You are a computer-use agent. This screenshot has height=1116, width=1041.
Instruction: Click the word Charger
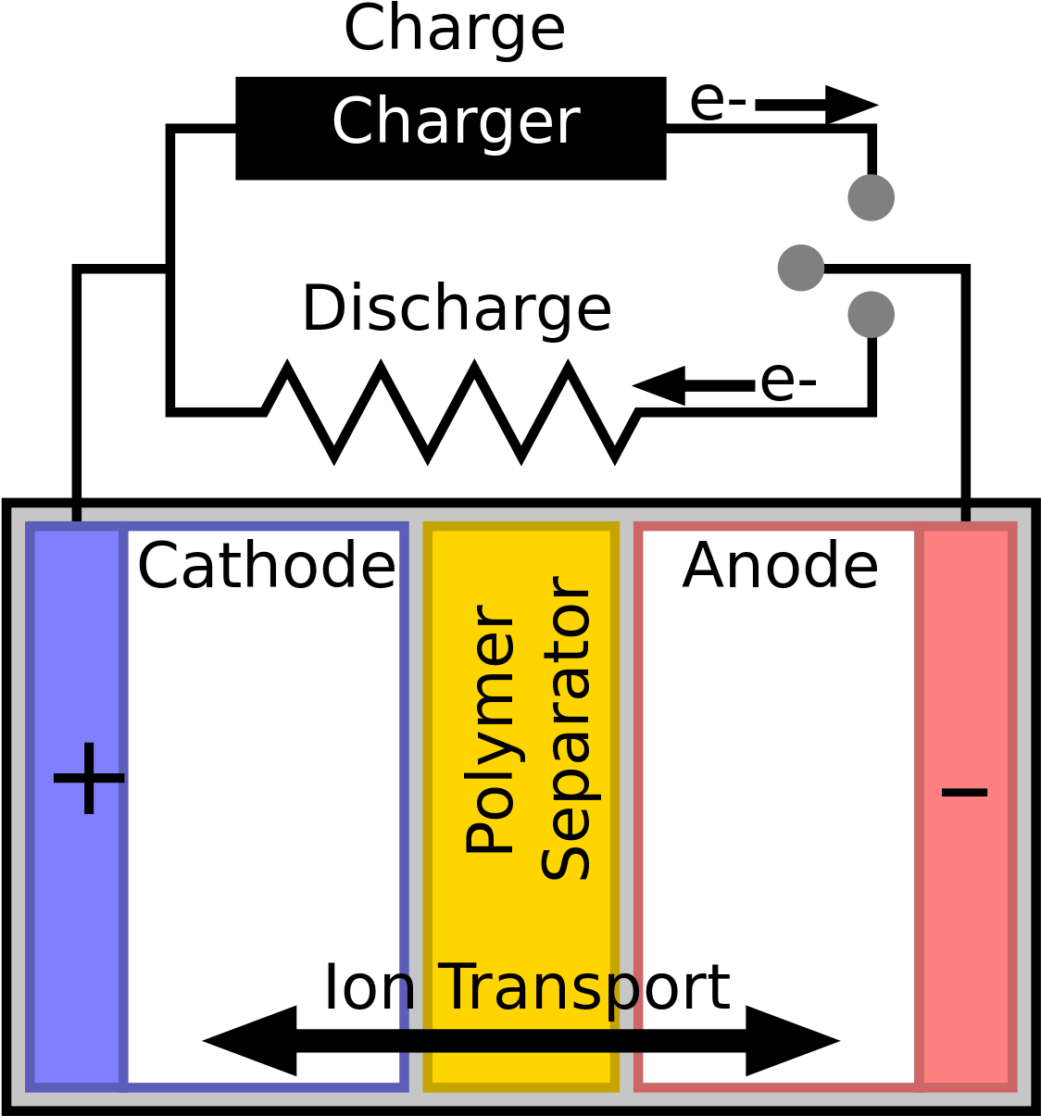(455, 122)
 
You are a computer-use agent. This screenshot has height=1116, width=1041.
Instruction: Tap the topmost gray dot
(871, 197)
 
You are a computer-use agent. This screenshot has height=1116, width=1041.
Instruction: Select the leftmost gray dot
(801, 268)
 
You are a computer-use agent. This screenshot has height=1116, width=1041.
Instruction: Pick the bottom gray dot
(871, 314)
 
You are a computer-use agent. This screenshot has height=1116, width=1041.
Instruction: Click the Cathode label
(266, 566)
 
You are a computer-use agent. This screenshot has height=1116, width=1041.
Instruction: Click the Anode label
(780, 566)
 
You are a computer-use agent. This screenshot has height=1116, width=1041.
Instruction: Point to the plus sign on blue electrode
(88, 779)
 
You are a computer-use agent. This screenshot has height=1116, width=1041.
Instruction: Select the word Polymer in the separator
(490, 729)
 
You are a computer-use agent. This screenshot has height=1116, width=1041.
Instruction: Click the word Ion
(369, 987)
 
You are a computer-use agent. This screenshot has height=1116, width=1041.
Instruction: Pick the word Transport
(583, 987)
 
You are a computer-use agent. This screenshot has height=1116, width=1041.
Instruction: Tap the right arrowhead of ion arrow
(793, 1041)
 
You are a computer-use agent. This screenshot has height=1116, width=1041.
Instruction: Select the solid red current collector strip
(966, 926)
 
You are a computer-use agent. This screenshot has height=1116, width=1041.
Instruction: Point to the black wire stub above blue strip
(77, 514)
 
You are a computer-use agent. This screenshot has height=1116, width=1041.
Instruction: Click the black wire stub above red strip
(966, 514)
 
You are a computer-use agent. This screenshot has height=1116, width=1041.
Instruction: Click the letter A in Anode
(703, 566)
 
